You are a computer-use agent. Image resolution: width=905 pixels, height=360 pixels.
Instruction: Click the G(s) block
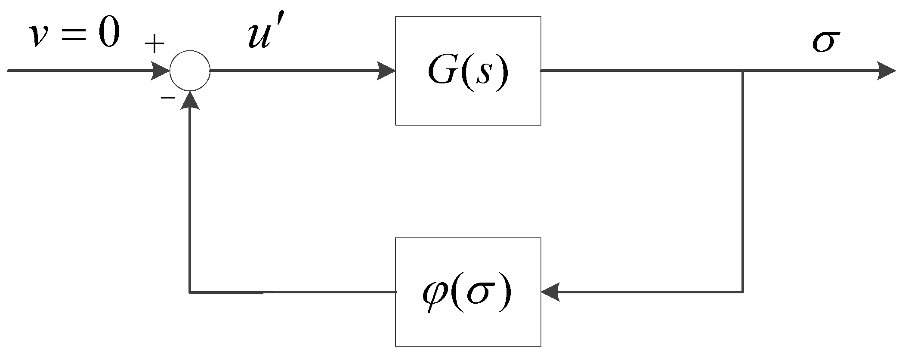tap(468, 71)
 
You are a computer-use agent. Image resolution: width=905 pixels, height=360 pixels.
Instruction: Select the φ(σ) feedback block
tap(468, 292)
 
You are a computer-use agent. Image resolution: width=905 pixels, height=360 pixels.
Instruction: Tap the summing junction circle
tap(190, 71)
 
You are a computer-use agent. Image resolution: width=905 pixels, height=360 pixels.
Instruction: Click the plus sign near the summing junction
tap(154, 44)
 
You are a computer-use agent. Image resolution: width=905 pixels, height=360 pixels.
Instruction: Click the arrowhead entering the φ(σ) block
tap(550, 292)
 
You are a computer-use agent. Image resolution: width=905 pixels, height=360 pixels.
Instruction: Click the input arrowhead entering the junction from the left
tap(161, 71)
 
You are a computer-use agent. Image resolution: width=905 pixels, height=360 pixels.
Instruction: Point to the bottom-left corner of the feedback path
tap(190, 292)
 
